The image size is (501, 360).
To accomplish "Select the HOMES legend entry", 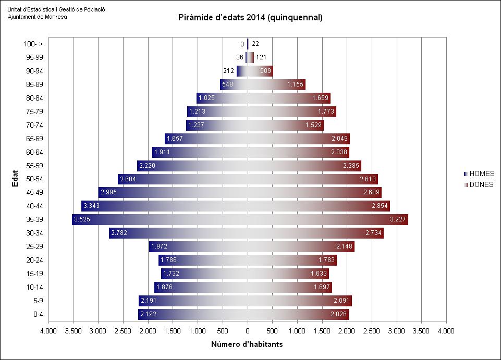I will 482,174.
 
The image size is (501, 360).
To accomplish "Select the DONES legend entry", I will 481,184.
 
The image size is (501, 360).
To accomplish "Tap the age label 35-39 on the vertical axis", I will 34,220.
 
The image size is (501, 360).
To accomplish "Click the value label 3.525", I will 82,220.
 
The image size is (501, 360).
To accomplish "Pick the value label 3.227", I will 397,220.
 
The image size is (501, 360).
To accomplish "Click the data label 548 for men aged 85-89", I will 227,84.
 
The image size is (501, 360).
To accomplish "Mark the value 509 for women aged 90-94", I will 265,71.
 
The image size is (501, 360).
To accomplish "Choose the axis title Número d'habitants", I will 247,344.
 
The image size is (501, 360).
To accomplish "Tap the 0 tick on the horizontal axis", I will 248,330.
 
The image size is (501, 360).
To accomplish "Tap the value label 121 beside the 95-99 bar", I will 261,57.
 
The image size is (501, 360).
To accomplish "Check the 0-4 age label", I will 38,315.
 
